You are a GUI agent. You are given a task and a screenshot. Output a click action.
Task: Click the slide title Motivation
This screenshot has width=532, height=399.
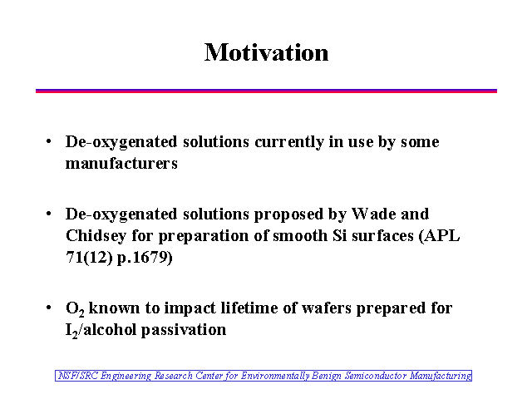click(266, 52)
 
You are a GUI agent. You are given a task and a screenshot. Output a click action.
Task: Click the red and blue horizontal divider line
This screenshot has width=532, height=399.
click(266, 91)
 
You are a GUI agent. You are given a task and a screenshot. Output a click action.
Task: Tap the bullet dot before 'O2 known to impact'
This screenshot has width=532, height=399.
click(49, 308)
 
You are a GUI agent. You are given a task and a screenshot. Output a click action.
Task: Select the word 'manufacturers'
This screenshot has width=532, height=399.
click(121, 163)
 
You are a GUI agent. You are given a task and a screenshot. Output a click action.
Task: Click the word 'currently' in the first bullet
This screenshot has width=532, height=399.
click(289, 142)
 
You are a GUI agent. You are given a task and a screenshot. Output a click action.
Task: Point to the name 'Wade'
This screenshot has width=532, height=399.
click(373, 214)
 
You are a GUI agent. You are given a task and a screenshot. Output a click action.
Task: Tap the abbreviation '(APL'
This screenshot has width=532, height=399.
click(440, 235)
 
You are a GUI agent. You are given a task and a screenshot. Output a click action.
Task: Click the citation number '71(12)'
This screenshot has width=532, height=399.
click(89, 257)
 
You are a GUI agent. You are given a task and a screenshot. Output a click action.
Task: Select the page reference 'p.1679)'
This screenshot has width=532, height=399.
click(145, 258)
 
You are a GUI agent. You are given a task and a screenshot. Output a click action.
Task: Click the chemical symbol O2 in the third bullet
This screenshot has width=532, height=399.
click(75, 308)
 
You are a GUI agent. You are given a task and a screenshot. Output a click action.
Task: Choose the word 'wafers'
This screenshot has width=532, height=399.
click(327, 308)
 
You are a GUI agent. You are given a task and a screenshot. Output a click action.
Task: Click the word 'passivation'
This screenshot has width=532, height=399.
click(184, 330)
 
